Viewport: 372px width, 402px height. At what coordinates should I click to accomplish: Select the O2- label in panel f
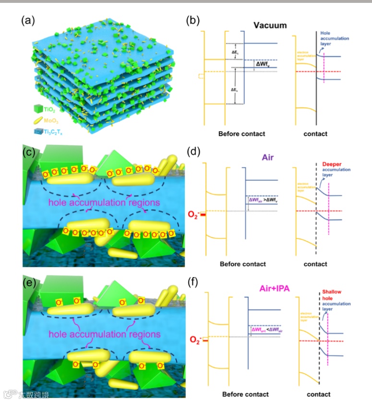click(193, 341)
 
